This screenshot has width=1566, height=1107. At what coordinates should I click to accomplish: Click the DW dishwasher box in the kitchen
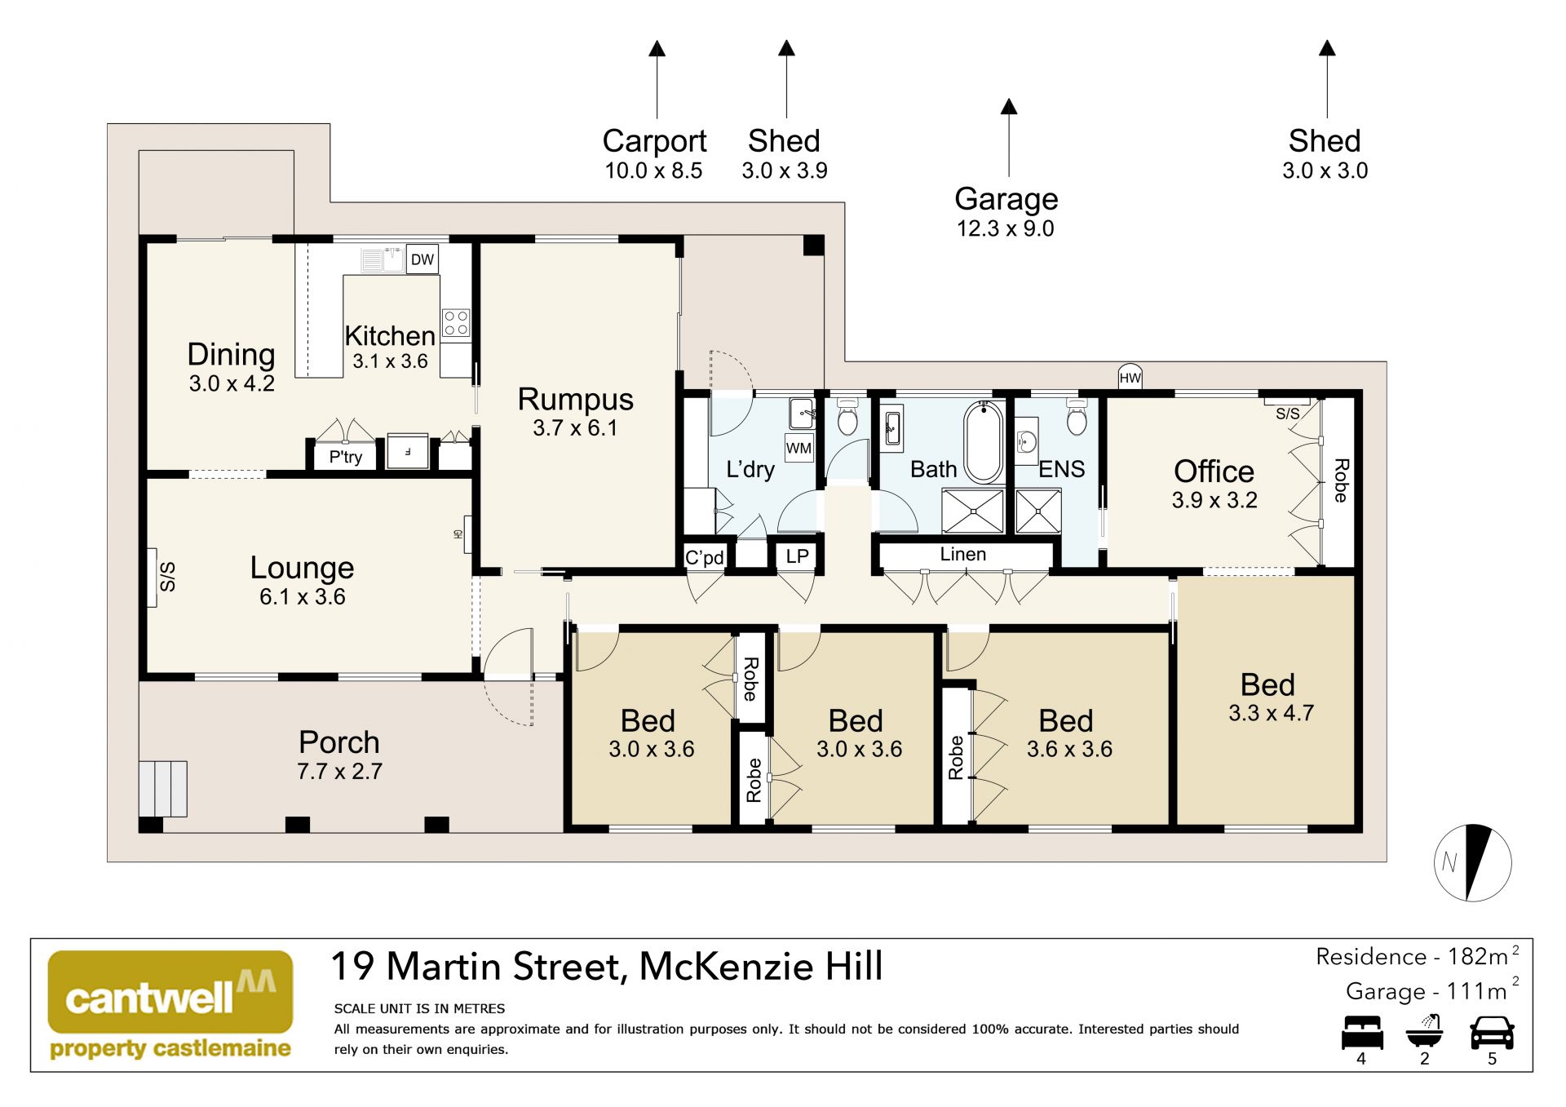tap(422, 259)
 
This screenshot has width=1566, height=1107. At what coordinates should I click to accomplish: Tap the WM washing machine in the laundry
tap(799, 448)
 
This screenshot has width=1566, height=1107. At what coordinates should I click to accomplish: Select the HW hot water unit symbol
tap(1130, 377)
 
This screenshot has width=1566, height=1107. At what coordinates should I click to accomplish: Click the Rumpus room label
tap(575, 399)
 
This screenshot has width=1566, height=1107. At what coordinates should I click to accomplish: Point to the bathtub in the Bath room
tap(984, 442)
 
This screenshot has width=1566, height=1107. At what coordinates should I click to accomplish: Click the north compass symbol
tap(1472, 862)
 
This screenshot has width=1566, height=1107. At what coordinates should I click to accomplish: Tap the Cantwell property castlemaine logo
tap(170, 1005)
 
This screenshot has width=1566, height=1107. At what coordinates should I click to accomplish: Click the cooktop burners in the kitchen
tap(456, 323)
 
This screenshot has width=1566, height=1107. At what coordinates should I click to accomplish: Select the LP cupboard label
tap(797, 556)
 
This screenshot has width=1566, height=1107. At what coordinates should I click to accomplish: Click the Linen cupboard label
tap(962, 554)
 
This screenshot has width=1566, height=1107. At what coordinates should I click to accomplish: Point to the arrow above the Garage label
tap(1009, 138)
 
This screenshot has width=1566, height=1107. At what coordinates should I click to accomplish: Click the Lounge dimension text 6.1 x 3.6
tap(302, 597)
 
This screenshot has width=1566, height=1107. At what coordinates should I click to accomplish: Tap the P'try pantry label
tap(346, 457)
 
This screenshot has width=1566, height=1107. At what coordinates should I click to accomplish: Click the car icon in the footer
tap(1492, 1033)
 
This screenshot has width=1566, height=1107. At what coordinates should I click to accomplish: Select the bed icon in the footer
tap(1362, 1033)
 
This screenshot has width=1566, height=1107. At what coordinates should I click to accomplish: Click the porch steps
tap(163, 789)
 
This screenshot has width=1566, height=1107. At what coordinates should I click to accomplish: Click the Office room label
tap(1214, 471)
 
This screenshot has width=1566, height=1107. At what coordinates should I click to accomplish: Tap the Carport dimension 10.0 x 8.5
tap(653, 170)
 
